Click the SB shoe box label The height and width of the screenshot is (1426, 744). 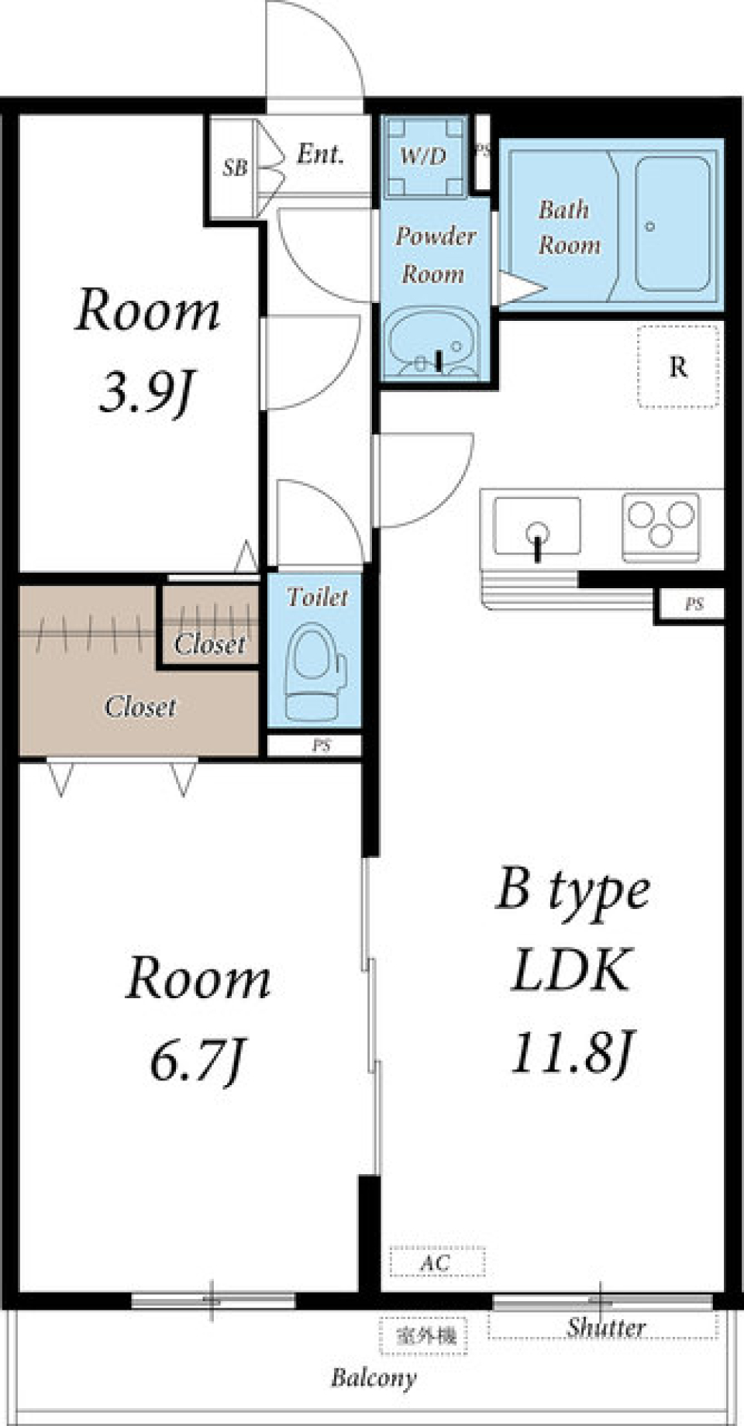(x=235, y=167)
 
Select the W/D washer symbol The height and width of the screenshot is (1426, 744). (x=423, y=156)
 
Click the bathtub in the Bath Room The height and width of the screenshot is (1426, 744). (x=673, y=224)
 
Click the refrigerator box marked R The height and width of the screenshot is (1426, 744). (x=678, y=366)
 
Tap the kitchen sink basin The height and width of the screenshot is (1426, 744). (x=537, y=526)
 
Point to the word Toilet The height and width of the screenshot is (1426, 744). (x=317, y=597)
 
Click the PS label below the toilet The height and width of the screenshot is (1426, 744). (x=322, y=746)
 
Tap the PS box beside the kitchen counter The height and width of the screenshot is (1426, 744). (x=693, y=604)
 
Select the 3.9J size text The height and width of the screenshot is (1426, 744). (x=145, y=394)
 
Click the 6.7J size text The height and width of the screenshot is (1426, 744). (x=197, y=1063)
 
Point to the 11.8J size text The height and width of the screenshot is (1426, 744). (x=573, y=1052)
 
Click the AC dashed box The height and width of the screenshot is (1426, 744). (x=436, y=1261)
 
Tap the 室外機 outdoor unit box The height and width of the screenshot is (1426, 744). (x=423, y=1335)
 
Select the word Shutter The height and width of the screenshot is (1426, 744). (x=605, y=1328)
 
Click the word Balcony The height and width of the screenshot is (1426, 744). (x=374, y=1378)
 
